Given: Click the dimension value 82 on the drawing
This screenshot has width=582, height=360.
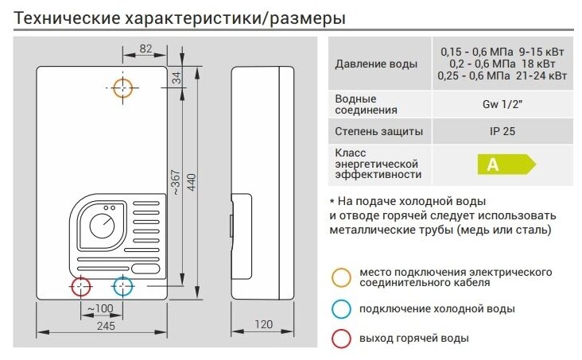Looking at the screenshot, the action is point(145,49).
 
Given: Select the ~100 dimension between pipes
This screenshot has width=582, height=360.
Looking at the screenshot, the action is point(99,308).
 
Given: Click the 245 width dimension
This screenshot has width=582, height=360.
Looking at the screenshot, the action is point(105,325).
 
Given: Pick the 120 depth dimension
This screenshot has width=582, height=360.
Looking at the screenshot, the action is point(264,324).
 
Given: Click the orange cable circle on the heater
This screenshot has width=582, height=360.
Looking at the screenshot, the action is point(123,87).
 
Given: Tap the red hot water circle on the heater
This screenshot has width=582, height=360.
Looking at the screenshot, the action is point(81,286).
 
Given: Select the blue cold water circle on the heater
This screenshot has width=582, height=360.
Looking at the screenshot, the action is point(122,286).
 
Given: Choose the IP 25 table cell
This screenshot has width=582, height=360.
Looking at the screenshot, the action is point(502,131).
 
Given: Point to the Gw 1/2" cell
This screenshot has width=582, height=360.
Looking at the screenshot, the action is point(502,103).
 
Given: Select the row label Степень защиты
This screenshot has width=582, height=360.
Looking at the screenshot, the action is point(379,131).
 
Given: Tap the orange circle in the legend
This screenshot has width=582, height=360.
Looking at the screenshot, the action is point(342,277).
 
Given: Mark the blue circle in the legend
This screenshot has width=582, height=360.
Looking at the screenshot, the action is point(342,308).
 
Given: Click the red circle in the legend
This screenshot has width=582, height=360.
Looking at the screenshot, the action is point(342,338).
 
